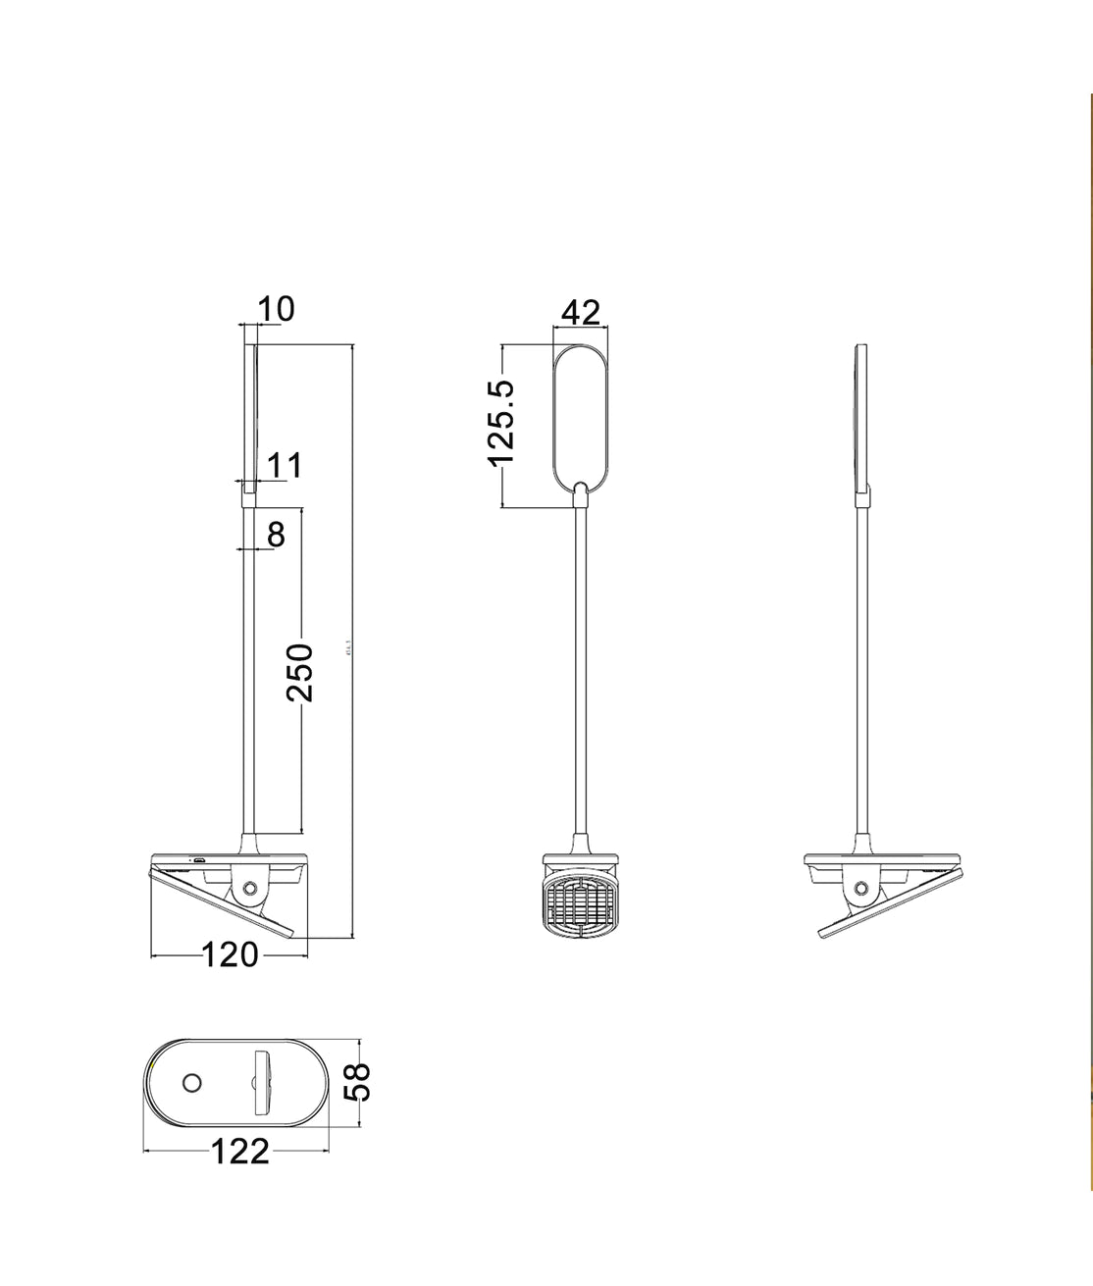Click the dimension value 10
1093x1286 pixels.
pyautogui.click(x=277, y=309)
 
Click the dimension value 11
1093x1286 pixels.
pyautogui.click(x=285, y=466)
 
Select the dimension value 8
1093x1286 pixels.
pyautogui.click(x=276, y=535)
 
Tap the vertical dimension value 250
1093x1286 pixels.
pyautogui.click(x=300, y=673)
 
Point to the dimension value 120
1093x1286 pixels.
pyautogui.click(x=230, y=954)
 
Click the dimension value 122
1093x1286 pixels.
pyautogui.click(x=239, y=1152)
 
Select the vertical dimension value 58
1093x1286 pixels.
pyautogui.click(x=360, y=1083)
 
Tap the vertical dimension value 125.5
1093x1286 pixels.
pyautogui.click(x=501, y=423)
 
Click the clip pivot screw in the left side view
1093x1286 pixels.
pyautogui.click(x=249, y=889)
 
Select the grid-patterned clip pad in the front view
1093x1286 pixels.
pyautogui.click(x=582, y=903)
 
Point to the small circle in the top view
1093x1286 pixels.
pyautogui.click(x=191, y=1084)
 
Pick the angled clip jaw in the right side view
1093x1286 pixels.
pyautogui.click(x=893, y=902)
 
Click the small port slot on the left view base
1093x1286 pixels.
pyautogui.click(x=198, y=861)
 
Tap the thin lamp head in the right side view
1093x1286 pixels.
pyautogui.click(x=861, y=417)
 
